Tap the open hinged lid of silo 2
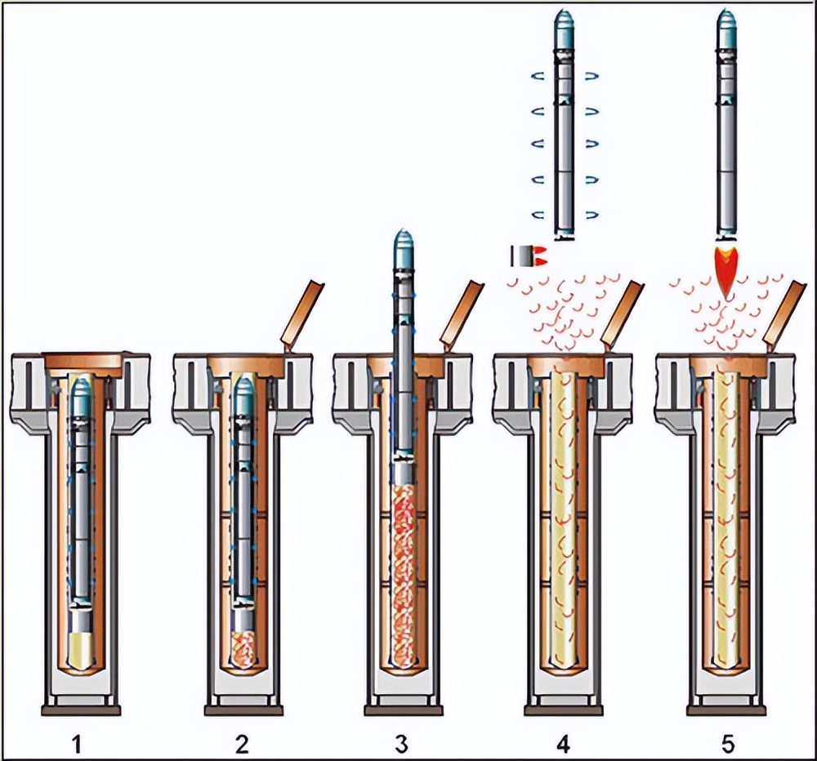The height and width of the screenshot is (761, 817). pos(302,314)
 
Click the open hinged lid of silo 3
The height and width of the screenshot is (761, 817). pos(462,314)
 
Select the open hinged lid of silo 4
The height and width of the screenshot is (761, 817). pos(623,314)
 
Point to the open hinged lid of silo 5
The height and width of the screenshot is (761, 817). pos(787,314)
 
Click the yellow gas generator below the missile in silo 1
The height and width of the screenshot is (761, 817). pos(81,649)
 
